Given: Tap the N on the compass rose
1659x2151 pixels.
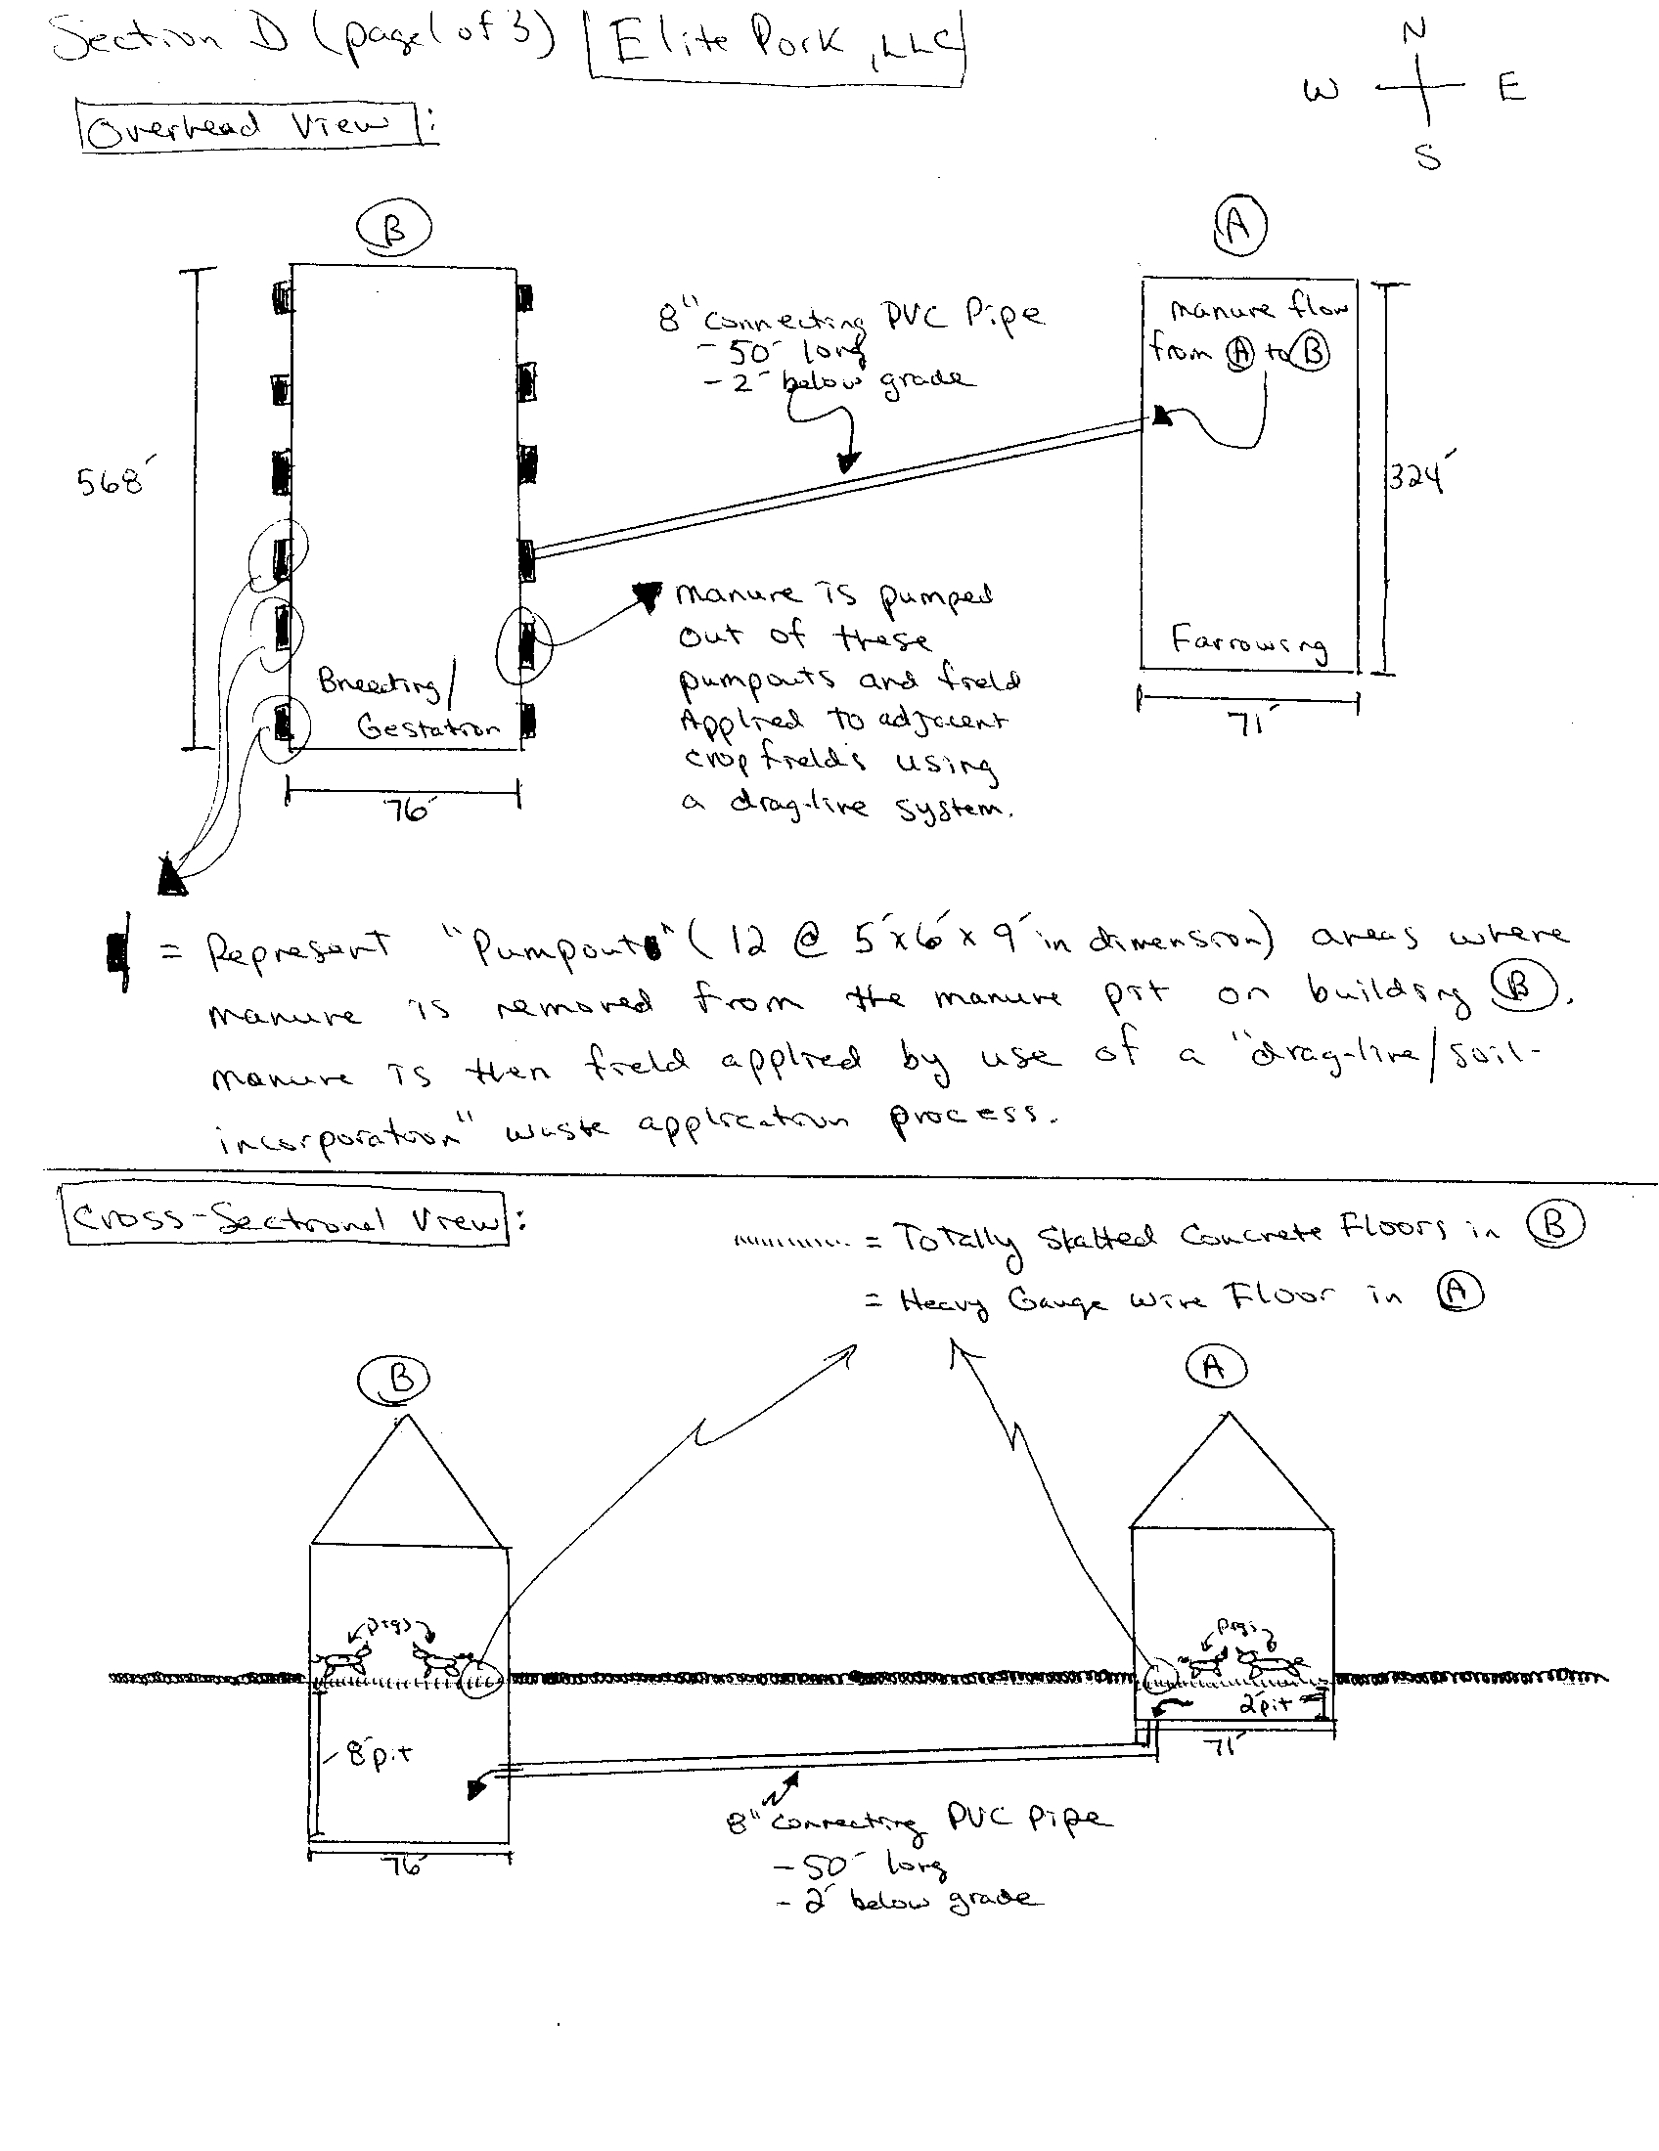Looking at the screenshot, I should (1414, 30).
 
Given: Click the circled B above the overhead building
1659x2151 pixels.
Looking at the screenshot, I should (394, 229).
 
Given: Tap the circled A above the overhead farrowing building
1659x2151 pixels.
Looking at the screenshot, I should (1238, 226).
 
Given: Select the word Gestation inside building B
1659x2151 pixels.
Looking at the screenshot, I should (427, 727).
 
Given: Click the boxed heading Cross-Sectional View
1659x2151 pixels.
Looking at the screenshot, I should (287, 1219).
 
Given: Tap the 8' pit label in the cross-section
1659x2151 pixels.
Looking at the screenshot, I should (380, 1754).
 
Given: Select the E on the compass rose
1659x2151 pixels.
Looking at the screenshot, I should (1511, 89).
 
